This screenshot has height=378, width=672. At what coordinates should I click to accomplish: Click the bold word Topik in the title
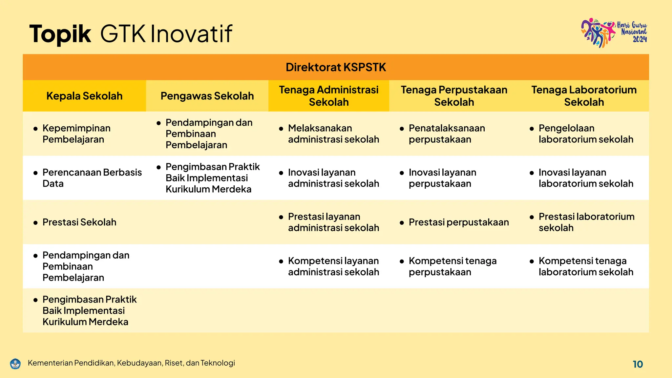[60, 34]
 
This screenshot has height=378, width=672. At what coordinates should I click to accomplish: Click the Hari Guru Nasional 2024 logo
[614, 33]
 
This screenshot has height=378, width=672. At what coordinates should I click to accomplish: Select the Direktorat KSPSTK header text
[336, 67]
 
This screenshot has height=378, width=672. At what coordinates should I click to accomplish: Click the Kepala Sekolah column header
[84, 96]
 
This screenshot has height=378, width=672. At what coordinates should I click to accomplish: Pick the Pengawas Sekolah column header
[207, 96]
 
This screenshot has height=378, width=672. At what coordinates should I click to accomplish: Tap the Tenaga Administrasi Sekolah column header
[328, 96]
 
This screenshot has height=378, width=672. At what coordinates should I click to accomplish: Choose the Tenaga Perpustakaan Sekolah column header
[454, 96]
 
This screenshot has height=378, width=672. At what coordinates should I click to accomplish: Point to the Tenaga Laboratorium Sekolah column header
[584, 96]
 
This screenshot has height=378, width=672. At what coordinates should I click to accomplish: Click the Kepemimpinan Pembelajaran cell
[76, 134]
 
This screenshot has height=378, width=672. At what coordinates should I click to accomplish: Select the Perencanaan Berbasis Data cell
[92, 178]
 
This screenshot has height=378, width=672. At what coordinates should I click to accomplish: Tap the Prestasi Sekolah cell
[79, 222]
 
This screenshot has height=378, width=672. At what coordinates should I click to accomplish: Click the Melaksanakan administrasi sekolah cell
[333, 134]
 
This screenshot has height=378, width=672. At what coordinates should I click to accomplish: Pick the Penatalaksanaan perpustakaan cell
[447, 134]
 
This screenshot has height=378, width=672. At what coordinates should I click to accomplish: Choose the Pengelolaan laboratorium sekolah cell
[586, 134]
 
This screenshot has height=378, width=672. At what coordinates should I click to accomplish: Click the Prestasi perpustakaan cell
[458, 222]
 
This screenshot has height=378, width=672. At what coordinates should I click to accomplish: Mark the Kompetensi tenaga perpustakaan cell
[452, 266]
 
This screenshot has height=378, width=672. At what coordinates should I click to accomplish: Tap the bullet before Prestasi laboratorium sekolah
[532, 217]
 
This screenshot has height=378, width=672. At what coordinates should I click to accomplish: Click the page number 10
[638, 364]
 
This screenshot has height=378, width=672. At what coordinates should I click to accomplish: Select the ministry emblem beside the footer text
[15, 364]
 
